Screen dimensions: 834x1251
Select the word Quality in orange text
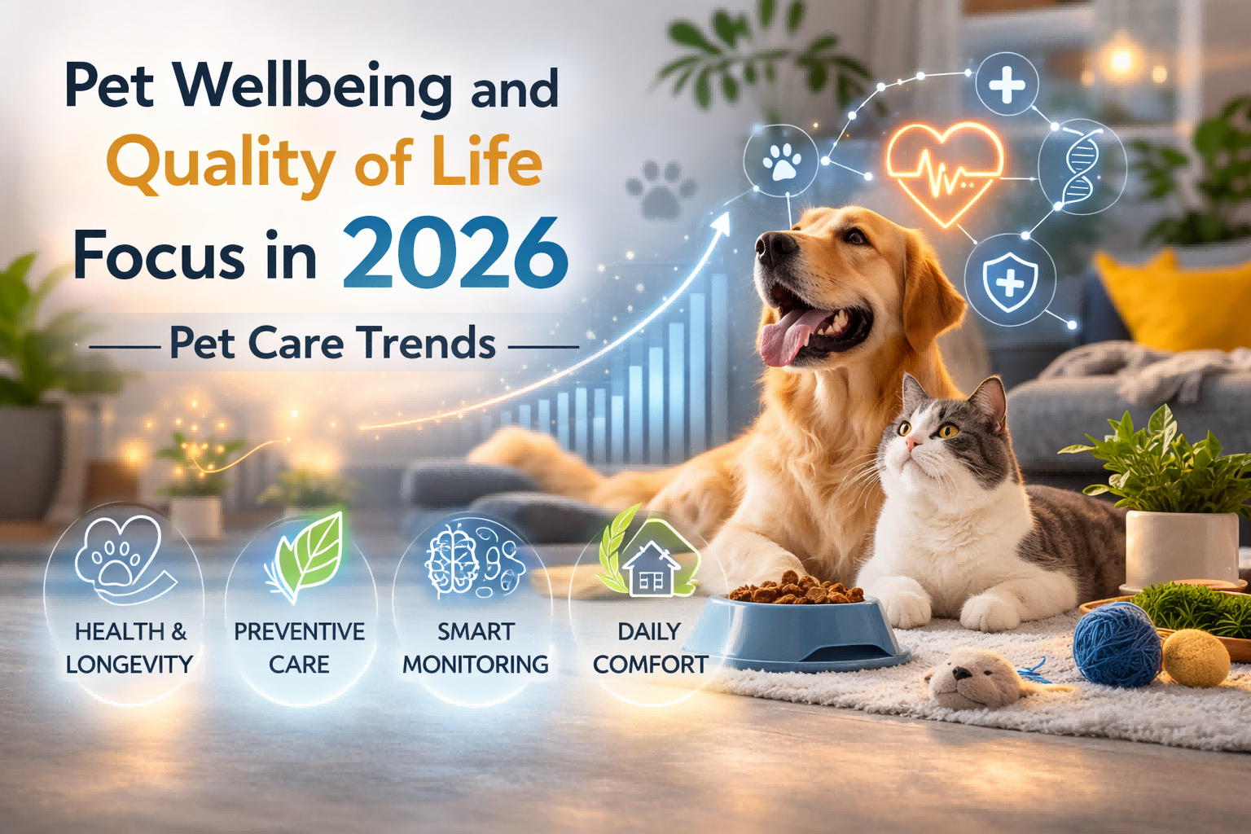pyautogui.click(x=220, y=163)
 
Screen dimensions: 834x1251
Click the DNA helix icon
pyautogui.click(x=1079, y=167)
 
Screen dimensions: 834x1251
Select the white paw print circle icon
pyautogui.click(x=782, y=160)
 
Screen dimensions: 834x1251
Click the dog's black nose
pyautogui.click(x=770, y=244)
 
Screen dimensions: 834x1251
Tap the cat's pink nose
pyautogui.click(x=911, y=443)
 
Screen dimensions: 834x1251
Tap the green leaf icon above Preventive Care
pyautogui.click(x=305, y=554)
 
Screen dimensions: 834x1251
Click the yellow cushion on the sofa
pyautogui.click(x=1173, y=297)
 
